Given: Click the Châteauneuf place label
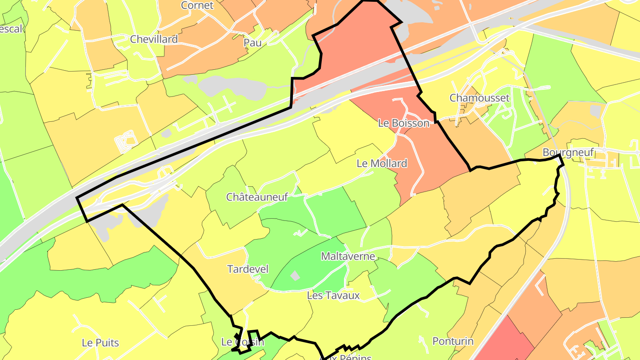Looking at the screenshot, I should pos(257,197).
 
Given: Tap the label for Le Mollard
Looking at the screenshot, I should pos(382,164).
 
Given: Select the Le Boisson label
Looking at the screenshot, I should pos(404,123).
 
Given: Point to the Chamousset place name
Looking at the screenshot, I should pos(479,98).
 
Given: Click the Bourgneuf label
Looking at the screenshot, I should pos(568,152).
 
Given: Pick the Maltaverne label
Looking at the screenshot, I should pos(348,256).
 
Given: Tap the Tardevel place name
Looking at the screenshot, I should pos(248,269).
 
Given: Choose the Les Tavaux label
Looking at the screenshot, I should pos(333,296).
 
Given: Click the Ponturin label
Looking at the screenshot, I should pos(453,341).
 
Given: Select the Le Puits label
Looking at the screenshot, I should pos(100,343).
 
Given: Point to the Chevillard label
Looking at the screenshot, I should pos(154,39).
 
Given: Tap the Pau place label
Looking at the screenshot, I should pos(252,43).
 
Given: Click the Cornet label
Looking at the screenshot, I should pos(197,5).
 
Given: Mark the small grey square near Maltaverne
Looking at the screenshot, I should pos(295,276).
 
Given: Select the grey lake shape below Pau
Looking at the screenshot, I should pos(231,87).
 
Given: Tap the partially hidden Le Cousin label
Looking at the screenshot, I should pos(242,342).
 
